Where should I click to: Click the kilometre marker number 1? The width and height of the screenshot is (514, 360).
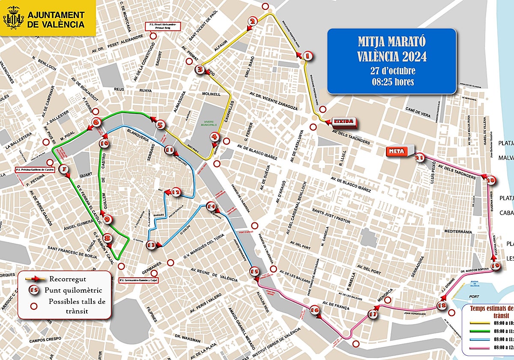click(x=307, y=56)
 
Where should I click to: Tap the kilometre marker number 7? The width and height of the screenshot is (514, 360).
click(x=64, y=170)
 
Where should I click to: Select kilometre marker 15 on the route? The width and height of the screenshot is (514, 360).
click(x=254, y=271)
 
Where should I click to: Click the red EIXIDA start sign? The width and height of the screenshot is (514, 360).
click(x=344, y=122)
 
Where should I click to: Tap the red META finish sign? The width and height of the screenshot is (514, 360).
click(x=398, y=151)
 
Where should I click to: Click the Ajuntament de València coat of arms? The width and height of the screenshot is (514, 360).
click(x=13, y=18)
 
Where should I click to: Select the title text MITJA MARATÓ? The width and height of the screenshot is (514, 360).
click(x=392, y=42)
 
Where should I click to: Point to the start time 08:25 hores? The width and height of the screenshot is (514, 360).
click(x=392, y=81)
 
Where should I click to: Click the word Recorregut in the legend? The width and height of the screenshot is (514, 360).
click(x=63, y=279)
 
